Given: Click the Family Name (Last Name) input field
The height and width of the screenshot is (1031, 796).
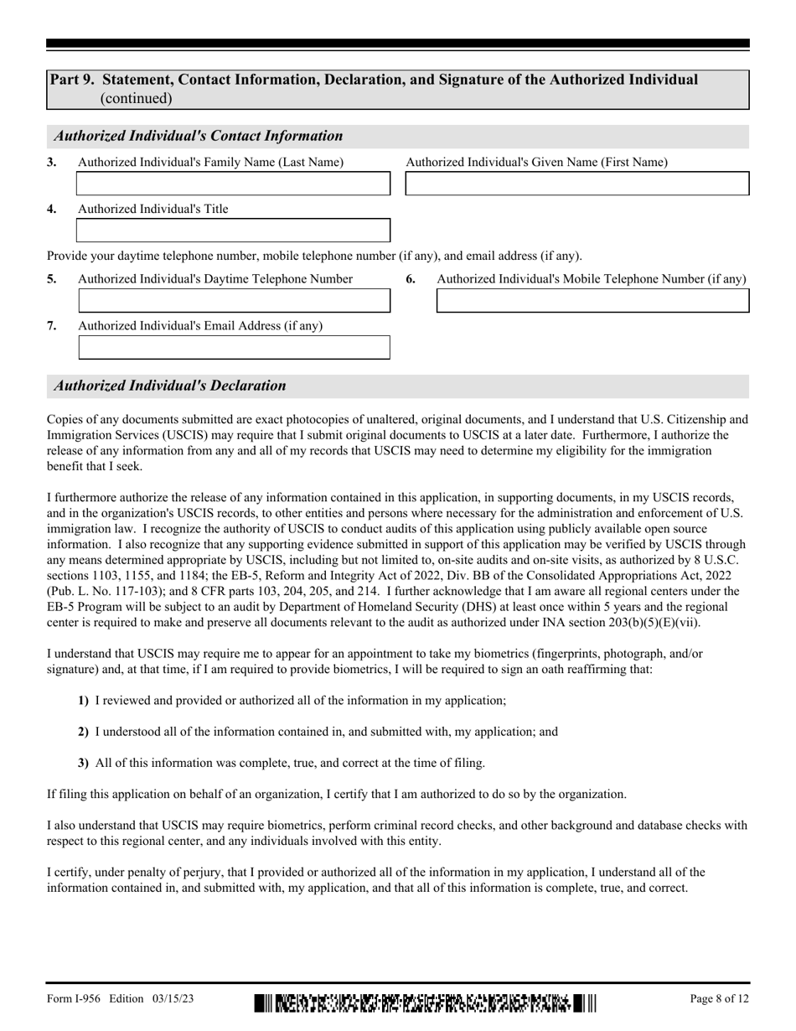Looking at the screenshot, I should click(233, 184).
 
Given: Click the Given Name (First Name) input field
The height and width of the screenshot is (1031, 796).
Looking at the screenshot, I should click(576, 184).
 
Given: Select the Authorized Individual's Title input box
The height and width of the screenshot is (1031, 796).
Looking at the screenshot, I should click(233, 231).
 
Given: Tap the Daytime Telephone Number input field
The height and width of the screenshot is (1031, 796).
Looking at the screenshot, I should click(233, 300).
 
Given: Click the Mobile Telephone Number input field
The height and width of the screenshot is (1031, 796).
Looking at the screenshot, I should click(592, 300).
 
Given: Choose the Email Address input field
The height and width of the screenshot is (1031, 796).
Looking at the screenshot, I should click(233, 347).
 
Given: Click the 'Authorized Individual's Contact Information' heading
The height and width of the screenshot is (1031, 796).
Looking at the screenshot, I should click(199, 136).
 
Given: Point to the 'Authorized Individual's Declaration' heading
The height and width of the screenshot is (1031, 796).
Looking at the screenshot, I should click(170, 386).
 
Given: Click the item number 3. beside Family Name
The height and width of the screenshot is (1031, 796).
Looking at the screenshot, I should click(52, 163).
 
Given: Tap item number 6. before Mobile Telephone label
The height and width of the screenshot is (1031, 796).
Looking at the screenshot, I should click(411, 279).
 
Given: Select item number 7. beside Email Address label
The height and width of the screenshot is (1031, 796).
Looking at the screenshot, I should click(52, 326).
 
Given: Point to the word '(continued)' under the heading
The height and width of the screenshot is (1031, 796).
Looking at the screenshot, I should click(136, 98).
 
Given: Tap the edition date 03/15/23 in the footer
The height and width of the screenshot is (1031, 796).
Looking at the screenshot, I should click(174, 998).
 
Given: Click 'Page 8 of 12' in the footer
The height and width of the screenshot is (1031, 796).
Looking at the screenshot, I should click(719, 998).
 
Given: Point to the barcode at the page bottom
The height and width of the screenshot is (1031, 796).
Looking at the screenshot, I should click(425, 1002).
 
